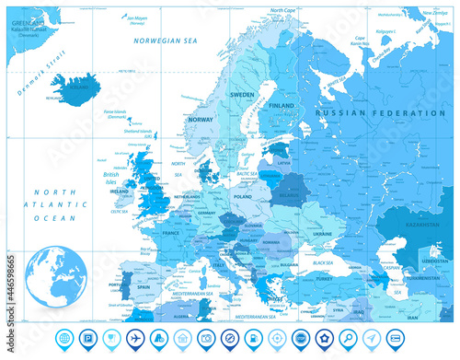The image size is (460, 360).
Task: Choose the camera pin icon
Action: (205, 337)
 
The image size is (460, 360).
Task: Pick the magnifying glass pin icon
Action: (350, 337)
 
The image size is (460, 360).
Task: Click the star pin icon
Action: (326, 337)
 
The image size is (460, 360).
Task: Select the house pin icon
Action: (181, 337)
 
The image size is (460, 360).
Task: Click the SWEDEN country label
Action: (241, 95)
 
